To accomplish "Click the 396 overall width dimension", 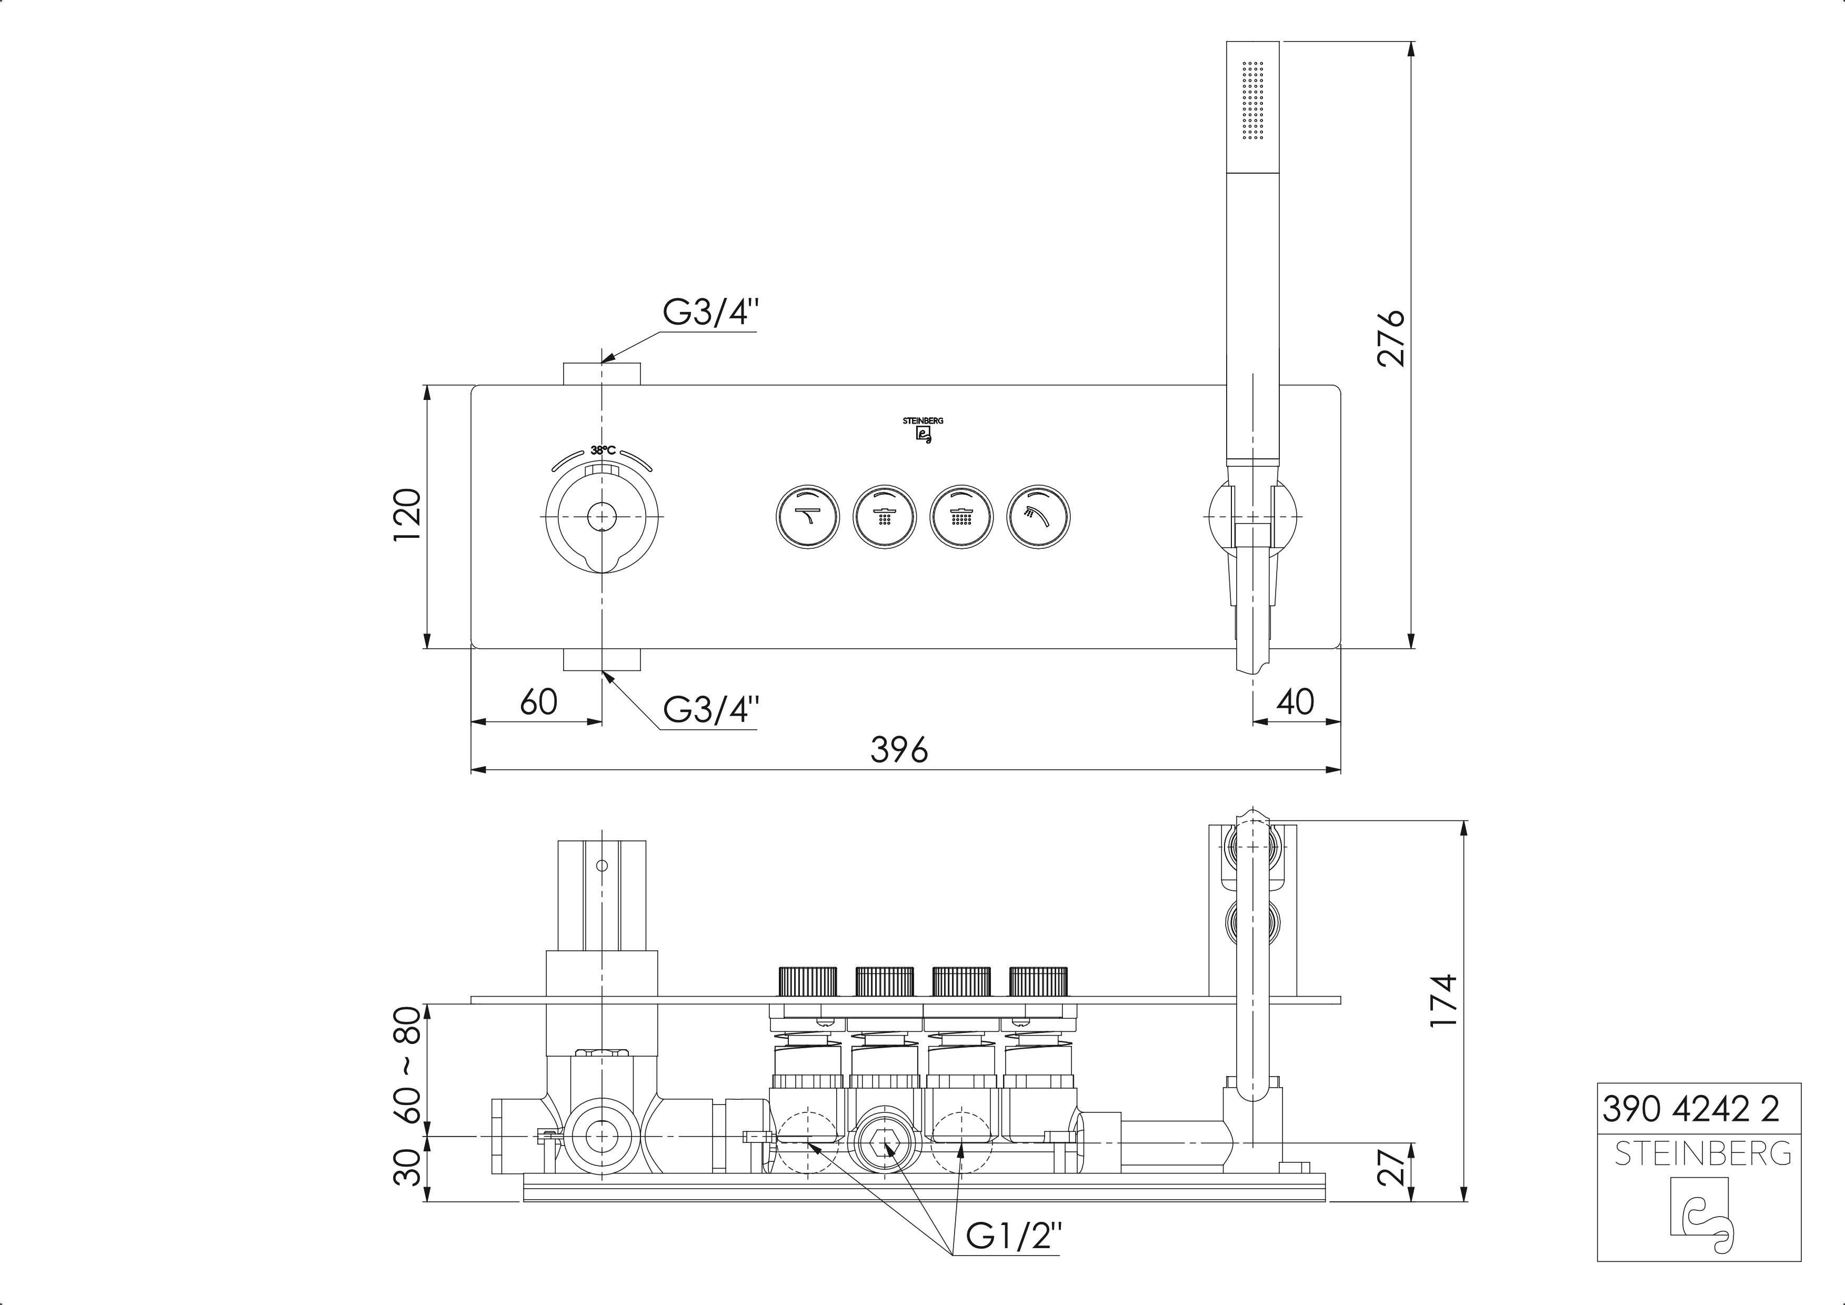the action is click(899, 750).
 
